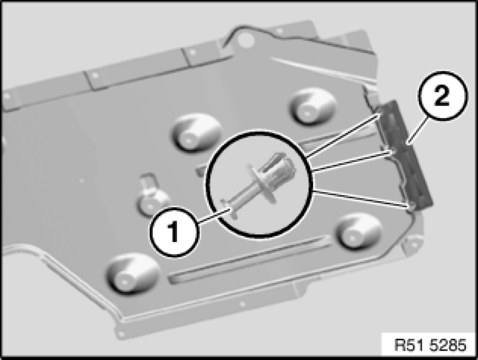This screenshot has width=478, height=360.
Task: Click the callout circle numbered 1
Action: tap(174, 232)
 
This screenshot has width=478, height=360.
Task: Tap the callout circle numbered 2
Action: tap(442, 96)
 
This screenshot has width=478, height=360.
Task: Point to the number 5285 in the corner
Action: tap(448, 346)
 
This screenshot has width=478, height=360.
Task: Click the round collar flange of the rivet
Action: tap(262, 184)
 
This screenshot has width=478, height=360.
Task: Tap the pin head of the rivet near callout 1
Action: tap(228, 208)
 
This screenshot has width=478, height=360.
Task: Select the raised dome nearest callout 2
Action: tap(312, 107)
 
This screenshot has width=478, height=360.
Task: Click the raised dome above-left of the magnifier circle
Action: tap(196, 133)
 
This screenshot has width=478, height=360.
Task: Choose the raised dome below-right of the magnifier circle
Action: tap(358, 232)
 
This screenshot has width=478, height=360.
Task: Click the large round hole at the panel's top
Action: tap(245, 40)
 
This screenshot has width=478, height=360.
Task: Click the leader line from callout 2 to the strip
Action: tap(418, 131)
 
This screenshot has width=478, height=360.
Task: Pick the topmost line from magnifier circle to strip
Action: tap(343, 135)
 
